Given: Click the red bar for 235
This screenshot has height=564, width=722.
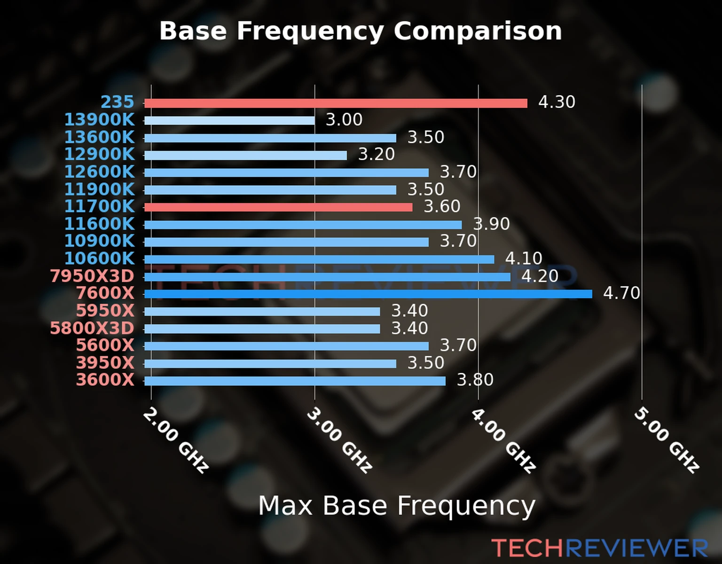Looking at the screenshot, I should [336, 103].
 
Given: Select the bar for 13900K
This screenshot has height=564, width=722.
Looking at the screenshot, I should [229, 121].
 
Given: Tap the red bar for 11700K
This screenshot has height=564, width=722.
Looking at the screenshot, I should [278, 207].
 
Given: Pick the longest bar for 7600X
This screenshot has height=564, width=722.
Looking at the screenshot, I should [368, 294].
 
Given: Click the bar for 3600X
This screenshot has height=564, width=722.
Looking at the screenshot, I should [295, 381].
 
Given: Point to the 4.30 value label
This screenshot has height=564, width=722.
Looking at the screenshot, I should [557, 102].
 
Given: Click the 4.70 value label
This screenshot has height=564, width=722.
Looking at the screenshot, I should [621, 293].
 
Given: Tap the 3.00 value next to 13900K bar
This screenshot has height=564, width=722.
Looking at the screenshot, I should [344, 120].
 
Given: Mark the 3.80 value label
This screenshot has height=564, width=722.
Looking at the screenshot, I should [475, 380].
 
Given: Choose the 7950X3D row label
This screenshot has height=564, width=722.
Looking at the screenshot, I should [92, 276].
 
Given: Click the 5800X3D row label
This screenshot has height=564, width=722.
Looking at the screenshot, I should [92, 328].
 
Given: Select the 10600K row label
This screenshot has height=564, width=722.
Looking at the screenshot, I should [99, 258].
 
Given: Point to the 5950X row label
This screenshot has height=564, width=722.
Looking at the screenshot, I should [105, 311].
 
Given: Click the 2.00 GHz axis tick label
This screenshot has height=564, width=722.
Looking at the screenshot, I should [175, 440].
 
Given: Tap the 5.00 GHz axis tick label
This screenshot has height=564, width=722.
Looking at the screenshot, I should [667, 440].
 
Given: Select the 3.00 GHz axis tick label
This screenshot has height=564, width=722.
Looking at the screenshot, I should [339, 440].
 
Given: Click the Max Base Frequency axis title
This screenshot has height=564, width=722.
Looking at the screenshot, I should [397, 506].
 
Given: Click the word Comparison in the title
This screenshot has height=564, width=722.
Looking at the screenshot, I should [478, 31].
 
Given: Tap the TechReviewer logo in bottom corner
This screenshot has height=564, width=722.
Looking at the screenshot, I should [599, 548].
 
